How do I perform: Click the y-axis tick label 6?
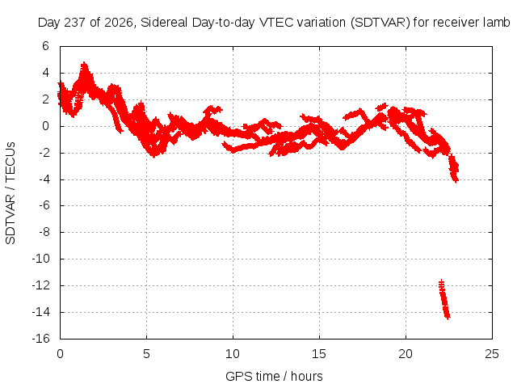click(x=45, y=46)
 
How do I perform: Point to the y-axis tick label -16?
click(x=41, y=339)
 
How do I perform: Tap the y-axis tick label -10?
click(x=41, y=259)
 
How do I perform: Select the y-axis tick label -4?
click(x=44, y=179)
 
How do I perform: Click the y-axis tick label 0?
click(x=45, y=126)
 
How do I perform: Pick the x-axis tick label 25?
click(x=492, y=354)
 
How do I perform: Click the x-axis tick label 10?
click(x=233, y=354)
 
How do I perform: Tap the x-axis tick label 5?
click(x=146, y=354)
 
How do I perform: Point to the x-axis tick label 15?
click(x=319, y=354)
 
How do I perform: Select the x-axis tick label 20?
click(x=406, y=354)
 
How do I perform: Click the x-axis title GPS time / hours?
click(x=274, y=376)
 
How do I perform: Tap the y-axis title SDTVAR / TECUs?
click(x=11, y=193)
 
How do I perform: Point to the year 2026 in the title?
click(x=119, y=23)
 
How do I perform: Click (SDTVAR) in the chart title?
click(x=380, y=23)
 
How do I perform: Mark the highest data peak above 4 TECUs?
click(x=85, y=63)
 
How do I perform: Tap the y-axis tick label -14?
click(x=41, y=312)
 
